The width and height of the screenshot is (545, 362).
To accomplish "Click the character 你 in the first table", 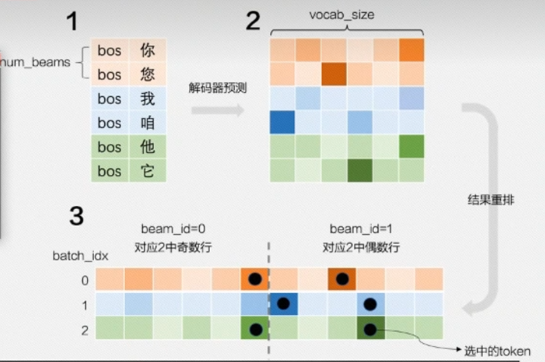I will tap(147, 50).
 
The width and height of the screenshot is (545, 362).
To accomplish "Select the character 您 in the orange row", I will tap(147, 75).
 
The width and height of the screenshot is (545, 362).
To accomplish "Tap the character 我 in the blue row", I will tap(147, 99).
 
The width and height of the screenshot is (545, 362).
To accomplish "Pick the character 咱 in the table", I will tap(147, 123).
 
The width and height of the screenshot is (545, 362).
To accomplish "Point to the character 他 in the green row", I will tap(147, 147).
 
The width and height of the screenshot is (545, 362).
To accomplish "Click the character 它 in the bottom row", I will tap(147, 171).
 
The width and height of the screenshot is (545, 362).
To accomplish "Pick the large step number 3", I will tap(77, 216).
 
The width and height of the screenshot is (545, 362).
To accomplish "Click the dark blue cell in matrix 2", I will tap(282, 122).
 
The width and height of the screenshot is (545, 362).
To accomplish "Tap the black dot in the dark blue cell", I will tap(283, 303).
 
